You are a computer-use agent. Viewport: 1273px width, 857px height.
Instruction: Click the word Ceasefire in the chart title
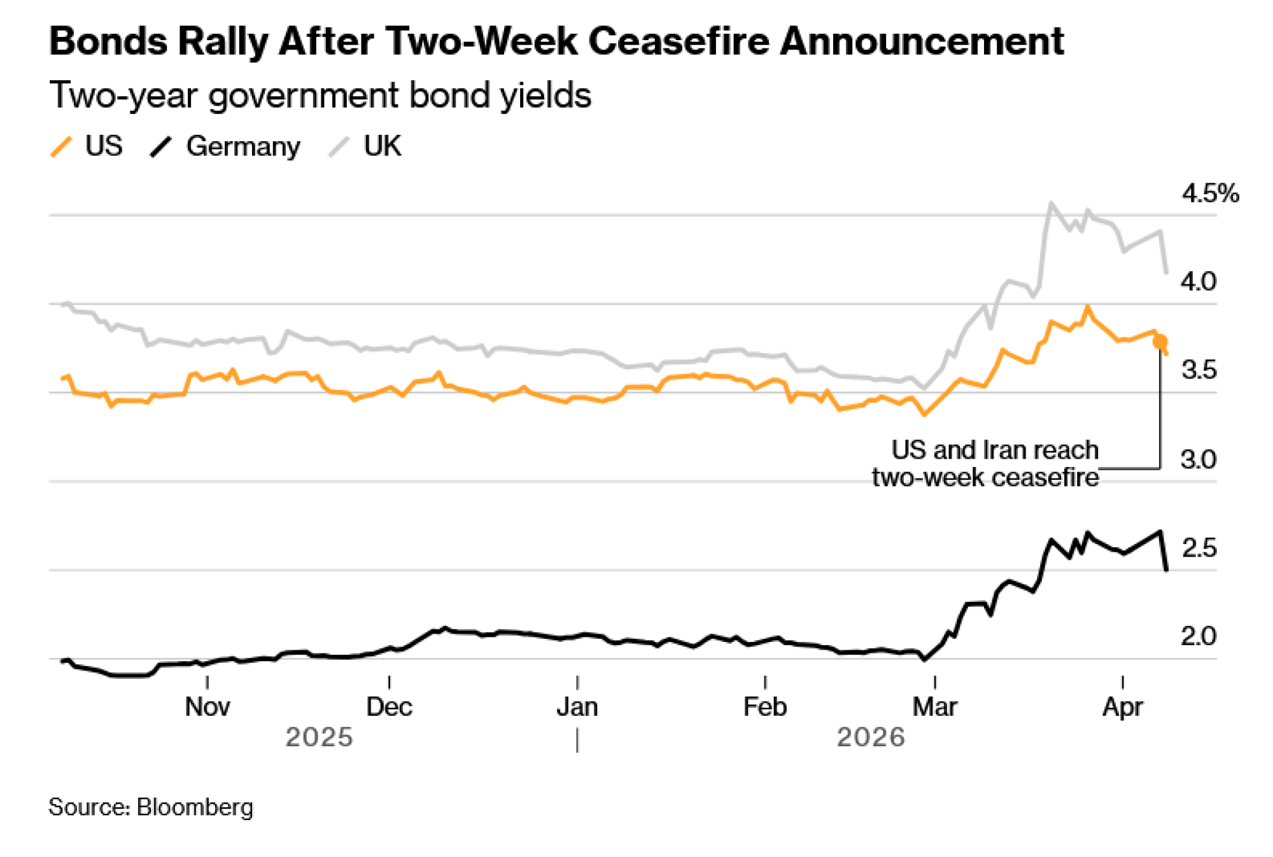(x=680, y=42)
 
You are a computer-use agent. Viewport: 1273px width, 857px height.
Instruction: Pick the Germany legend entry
(x=225, y=146)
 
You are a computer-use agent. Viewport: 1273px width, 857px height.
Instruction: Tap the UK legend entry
(x=366, y=146)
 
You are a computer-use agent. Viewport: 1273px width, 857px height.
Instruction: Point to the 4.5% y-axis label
(x=1210, y=193)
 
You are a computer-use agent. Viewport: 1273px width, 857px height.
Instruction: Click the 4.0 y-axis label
(x=1198, y=281)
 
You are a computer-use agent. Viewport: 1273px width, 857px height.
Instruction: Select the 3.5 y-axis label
(x=1198, y=370)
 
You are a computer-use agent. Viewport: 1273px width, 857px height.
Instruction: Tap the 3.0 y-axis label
(x=1198, y=459)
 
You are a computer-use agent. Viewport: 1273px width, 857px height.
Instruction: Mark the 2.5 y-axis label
(x=1198, y=547)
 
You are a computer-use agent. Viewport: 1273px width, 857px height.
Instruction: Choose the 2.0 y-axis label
(x=1198, y=636)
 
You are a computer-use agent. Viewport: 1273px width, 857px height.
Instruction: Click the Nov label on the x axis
(x=207, y=707)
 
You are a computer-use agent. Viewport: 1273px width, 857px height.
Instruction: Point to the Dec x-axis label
(x=389, y=707)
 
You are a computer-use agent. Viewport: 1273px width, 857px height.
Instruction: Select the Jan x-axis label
(x=577, y=707)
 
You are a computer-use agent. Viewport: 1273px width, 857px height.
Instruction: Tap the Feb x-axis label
(x=765, y=707)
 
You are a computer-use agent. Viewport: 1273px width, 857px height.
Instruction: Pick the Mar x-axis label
(x=934, y=707)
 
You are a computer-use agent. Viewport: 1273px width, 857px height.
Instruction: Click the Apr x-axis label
(x=1123, y=707)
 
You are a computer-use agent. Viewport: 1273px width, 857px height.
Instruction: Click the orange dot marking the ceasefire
(x=1160, y=342)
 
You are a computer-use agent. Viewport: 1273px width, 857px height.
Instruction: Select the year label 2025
(x=319, y=737)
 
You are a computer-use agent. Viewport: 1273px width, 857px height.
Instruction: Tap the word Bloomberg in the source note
(x=195, y=807)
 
